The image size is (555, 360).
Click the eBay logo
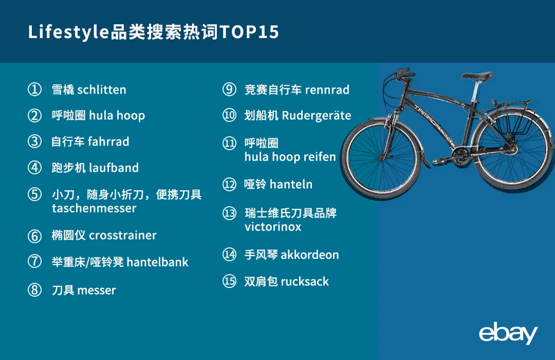[508, 334]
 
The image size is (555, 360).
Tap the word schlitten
[101, 89]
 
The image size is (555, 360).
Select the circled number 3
[34, 141]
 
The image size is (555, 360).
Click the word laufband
[114, 168]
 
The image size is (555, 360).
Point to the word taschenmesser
[94, 208]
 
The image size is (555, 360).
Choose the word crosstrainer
[122, 236]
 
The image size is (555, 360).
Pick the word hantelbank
[157, 262]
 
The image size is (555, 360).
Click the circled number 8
[34, 290]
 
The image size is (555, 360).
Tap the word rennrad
[327, 89]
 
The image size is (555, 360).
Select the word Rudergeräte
[316, 116]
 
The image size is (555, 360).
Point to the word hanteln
[291, 184]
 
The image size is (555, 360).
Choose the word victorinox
[273, 227]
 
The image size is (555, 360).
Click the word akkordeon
[310, 255]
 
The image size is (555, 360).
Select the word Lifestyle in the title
[69, 32]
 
